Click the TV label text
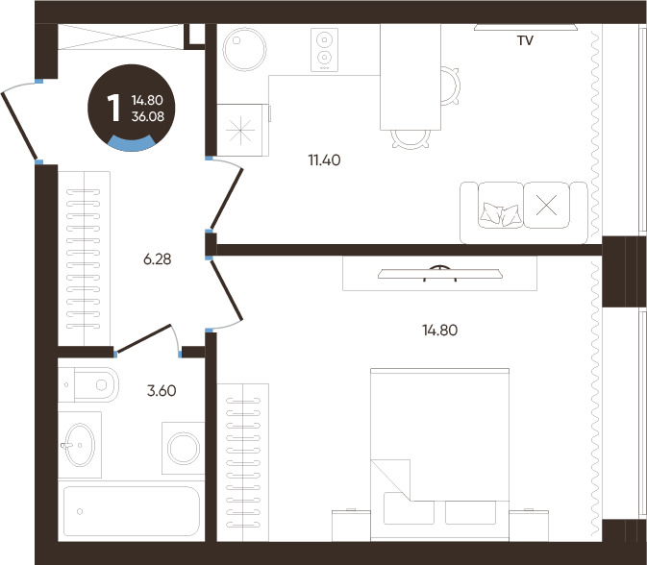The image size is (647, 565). tap(525, 40)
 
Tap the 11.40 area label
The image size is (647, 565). tap(324, 160)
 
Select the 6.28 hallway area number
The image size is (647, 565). tap(158, 259)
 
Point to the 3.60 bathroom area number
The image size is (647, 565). tap(162, 390)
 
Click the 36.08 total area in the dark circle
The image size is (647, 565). tap(148, 116)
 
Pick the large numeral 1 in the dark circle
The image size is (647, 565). tap(113, 108)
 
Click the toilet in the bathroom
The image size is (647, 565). tap(88, 384)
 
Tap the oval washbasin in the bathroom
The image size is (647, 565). tap(79, 445)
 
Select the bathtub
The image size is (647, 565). tap(131, 511)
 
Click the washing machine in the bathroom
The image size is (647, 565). tap(184, 448)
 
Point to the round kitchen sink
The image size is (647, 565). tap(244, 49)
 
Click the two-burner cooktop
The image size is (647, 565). tap(324, 50)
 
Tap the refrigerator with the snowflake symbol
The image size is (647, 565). tap(242, 130)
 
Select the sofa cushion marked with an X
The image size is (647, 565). tap(546, 205)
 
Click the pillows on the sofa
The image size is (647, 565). tap(500, 214)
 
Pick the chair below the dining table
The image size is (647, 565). tap(411, 139)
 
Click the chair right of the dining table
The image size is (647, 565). tap(450, 86)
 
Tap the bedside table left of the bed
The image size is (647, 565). tap(351, 526)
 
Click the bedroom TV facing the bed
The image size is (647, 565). tap(440, 274)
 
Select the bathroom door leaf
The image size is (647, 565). tap(143, 339)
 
